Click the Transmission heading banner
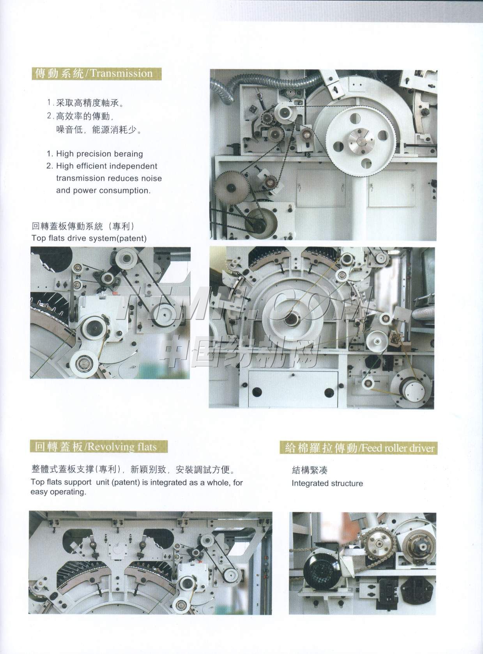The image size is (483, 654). click(x=97, y=73)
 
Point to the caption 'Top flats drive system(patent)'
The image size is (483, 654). click(x=89, y=238)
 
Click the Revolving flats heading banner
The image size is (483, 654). click(x=99, y=447)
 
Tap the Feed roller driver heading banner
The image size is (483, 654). click(x=359, y=448)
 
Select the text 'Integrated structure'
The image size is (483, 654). click(x=327, y=483)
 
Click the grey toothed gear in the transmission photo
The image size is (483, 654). click(x=231, y=187)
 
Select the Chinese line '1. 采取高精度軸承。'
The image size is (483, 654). click(x=85, y=103)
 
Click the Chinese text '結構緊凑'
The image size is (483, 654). click(x=310, y=470)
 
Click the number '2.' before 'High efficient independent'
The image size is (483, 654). click(x=50, y=166)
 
